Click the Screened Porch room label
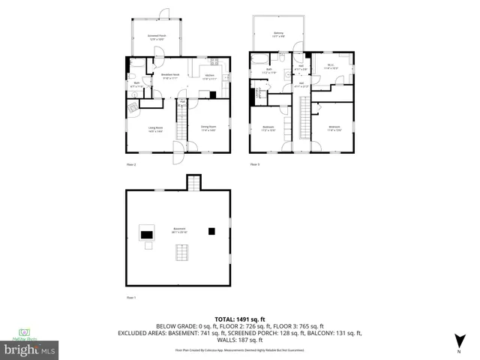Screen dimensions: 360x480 click(157, 36)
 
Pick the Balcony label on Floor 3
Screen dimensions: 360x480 click(278, 34)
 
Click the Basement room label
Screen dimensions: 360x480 click(178, 232)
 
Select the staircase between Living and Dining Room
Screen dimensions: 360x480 click(181, 121)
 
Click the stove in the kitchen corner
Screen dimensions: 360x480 click(212, 95)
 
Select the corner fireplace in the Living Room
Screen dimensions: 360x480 click(133, 108)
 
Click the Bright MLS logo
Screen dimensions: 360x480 click(30, 349)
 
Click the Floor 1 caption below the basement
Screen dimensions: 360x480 click(130, 297)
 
